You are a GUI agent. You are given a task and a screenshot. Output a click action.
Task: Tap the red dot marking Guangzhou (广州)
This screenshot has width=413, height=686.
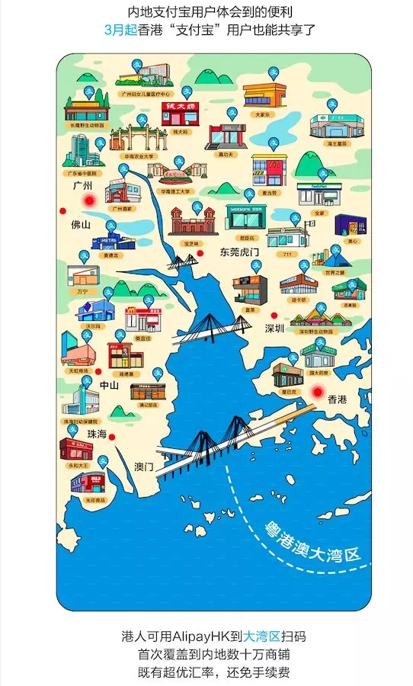click(x=89, y=200)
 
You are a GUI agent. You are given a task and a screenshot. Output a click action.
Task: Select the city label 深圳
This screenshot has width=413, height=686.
click(x=274, y=329)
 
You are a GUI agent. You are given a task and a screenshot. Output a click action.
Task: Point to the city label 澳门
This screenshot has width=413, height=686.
click(x=144, y=466)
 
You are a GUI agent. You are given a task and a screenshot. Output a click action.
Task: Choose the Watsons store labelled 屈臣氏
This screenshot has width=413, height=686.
click(x=246, y=219)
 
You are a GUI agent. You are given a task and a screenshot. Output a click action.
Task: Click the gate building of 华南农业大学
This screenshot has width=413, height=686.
click(x=136, y=139)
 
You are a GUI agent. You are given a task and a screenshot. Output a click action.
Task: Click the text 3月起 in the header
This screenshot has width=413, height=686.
click(x=120, y=30)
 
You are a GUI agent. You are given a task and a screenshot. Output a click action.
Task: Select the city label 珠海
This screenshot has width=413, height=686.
click(x=97, y=434)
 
